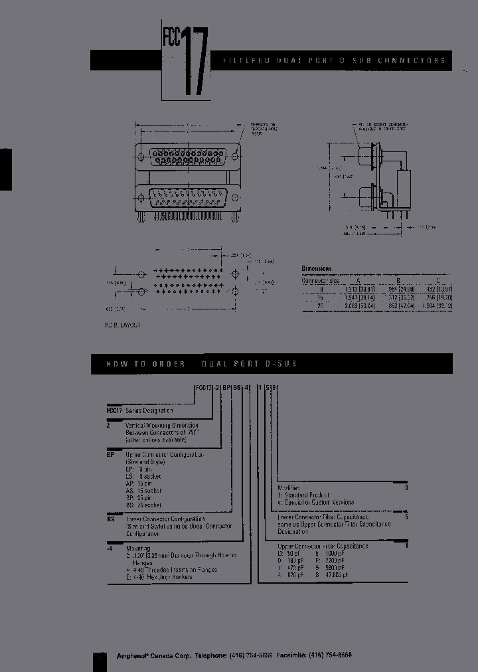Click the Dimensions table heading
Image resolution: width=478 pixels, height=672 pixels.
317,268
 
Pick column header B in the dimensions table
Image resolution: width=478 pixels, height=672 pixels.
398,280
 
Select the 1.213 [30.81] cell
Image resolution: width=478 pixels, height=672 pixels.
360,289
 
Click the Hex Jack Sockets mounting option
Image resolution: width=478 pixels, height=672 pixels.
159,576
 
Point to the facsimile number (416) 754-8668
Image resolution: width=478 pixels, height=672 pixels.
331,654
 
